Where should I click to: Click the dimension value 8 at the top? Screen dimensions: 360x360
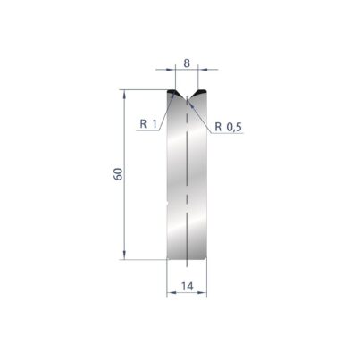[187, 63]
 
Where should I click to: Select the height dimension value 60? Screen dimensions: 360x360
[118, 174]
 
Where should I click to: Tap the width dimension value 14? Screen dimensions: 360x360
[188, 286]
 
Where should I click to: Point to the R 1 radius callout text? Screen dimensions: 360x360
[148, 124]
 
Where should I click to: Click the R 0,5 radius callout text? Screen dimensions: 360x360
[229, 127]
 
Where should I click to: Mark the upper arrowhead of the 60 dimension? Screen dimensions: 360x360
[124, 94]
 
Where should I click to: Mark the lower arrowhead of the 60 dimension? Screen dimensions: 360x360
[124, 255]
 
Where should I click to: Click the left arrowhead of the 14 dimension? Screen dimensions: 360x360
[171, 293]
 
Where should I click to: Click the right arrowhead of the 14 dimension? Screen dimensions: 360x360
[203, 293]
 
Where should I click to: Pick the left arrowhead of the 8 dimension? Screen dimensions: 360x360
[172, 70]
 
